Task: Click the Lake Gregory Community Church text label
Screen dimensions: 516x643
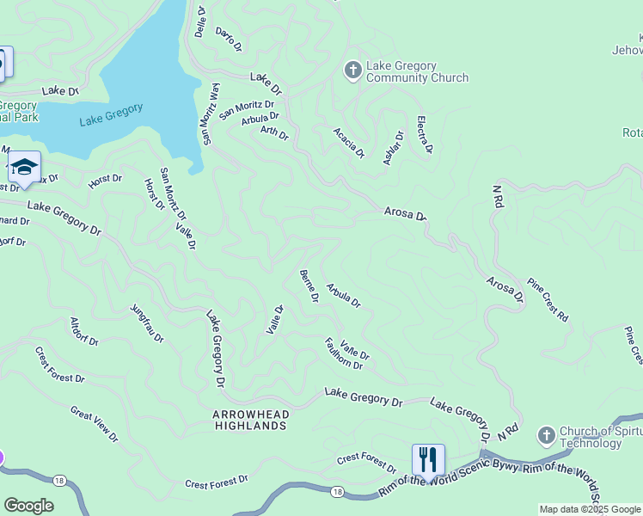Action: point(417,71)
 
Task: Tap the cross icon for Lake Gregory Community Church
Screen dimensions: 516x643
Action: point(352,70)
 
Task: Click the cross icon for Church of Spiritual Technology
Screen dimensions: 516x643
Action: point(546,437)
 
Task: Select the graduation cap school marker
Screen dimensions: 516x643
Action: point(24,167)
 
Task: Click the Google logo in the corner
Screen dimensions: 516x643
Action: point(28,505)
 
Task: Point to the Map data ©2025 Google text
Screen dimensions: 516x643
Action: point(590,509)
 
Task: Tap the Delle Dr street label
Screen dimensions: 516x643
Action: point(200,22)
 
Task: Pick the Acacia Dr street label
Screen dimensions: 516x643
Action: point(349,143)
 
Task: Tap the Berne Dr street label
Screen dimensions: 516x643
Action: point(309,286)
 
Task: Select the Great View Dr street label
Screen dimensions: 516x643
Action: point(94,425)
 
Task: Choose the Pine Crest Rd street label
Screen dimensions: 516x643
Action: point(548,299)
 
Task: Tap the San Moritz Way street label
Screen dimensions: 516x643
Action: point(206,114)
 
